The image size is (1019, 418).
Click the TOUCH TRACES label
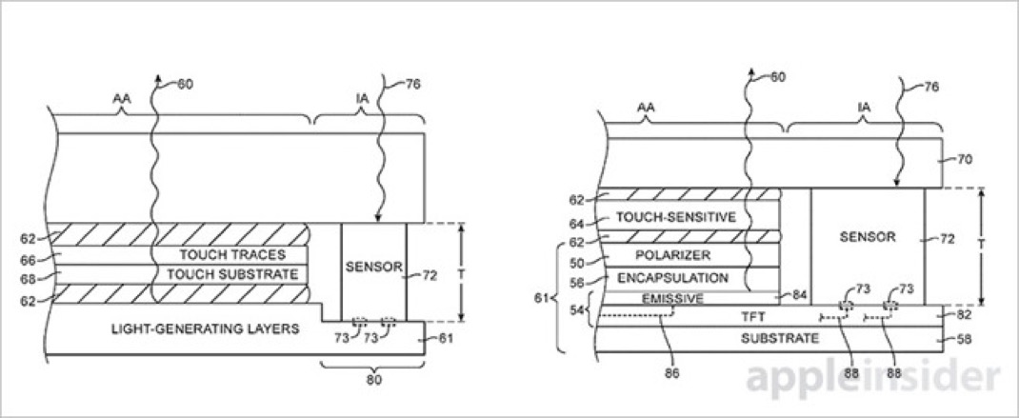[x=232, y=255]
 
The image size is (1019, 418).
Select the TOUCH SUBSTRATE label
[x=232, y=274]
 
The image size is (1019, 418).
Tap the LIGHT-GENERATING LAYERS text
[x=206, y=328]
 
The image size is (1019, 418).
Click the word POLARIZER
[x=672, y=255]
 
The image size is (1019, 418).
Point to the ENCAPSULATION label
[x=672, y=278]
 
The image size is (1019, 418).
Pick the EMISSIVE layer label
[x=672, y=299]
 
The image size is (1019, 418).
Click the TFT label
[x=754, y=317]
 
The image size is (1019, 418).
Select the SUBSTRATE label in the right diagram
[x=780, y=338]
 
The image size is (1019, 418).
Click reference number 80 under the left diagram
[x=374, y=380]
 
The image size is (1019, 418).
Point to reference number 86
[x=672, y=374]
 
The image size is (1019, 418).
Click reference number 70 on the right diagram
[x=965, y=159]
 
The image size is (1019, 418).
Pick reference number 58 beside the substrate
[x=965, y=339]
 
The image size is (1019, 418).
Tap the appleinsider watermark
[x=872, y=378]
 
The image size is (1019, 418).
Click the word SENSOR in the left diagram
[x=374, y=267]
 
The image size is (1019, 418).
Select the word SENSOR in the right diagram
[x=868, y=237]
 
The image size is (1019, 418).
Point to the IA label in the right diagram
[x=864, y=109]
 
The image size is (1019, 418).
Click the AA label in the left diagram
[x=122, y=99]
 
